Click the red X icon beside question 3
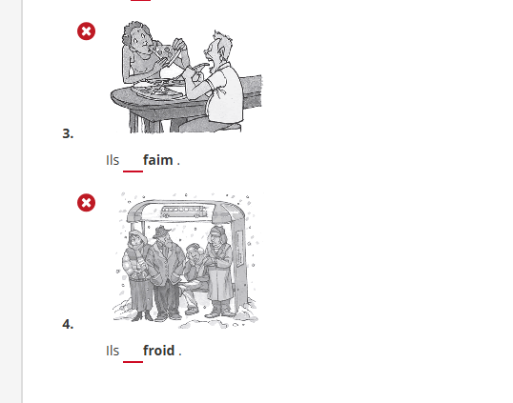87,31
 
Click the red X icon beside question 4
87,203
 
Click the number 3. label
68,133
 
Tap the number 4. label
68,324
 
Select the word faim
158,160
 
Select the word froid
159,351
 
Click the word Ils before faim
113,160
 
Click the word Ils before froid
113,351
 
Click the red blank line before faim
133,171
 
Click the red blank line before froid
133,362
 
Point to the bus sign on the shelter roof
184,212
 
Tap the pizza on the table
158,90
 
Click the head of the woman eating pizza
135,37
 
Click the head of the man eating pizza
218,49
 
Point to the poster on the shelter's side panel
239,249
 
